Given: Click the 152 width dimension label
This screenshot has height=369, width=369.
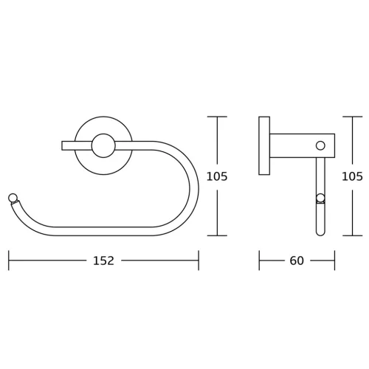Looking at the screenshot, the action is tap(103, 261).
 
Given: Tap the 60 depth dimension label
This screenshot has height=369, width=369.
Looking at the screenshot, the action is tap(297, 261).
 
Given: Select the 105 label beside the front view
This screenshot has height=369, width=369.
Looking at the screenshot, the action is tap(217, 176).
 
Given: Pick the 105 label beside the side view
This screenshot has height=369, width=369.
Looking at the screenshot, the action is tap(352, 176).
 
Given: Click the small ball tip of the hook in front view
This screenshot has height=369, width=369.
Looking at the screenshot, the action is tap(13, 198).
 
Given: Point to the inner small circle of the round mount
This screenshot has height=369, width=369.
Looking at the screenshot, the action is tap(103, 145).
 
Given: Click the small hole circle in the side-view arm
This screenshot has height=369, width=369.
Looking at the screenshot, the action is tap(320, 145).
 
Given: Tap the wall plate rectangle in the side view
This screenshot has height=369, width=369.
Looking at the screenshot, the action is tap(264, 145).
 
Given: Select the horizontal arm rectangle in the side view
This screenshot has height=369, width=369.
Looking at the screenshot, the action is tap(303, 145).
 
